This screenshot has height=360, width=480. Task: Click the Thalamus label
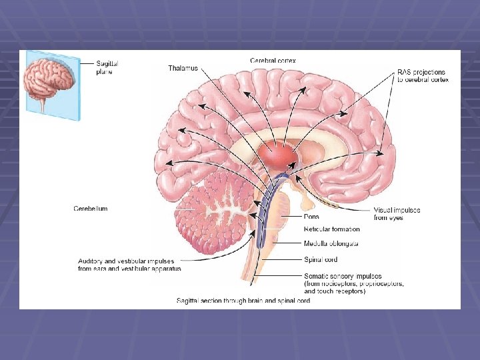pos(183,68)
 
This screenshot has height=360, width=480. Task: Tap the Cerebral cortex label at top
pos(273,60)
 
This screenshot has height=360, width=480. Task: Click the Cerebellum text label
pos(90,209)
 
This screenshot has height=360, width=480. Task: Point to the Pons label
pos(311,217)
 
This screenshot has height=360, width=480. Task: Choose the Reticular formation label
pos(331,229)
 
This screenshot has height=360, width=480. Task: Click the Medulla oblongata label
pos(331,243)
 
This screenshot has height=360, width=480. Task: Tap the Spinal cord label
pos(321,260)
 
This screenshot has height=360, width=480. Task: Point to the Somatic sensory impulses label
pos(343,275)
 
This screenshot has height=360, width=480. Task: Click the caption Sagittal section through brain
pos(243,301)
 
